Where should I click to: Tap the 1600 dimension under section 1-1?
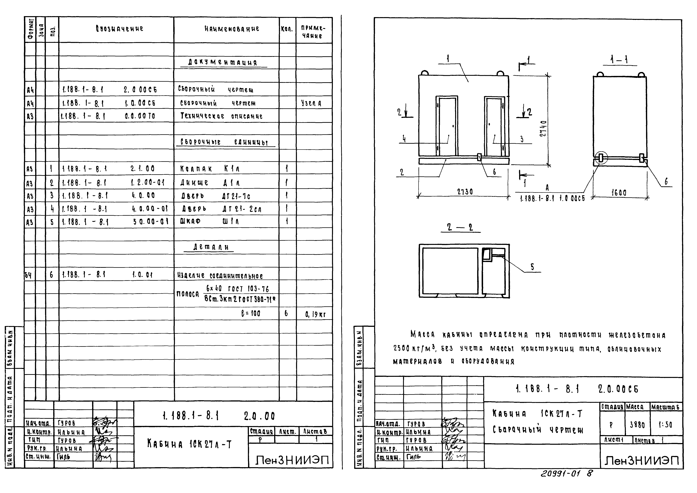click(x=619, y=193)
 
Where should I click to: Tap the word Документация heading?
click(x=223, y=63)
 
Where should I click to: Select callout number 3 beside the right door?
click(x=522, y=139)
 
